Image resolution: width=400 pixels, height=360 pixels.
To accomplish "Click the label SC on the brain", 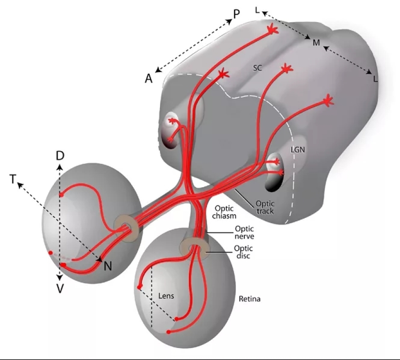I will [257, 68].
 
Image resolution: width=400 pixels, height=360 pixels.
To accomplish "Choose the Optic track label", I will [265, 207].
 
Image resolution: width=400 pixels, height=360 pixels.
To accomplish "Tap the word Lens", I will [168, 295].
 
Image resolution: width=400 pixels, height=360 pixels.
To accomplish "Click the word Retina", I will [249, 299].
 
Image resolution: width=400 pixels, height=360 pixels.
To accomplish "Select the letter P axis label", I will [236, 14].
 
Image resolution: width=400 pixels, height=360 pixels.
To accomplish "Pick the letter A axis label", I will [149, 79].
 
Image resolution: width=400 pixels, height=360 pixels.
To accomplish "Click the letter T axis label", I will [13, 179].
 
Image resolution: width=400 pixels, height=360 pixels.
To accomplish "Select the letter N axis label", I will [108, 266].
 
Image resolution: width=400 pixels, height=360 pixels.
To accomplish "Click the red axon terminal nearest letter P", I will [272, 30].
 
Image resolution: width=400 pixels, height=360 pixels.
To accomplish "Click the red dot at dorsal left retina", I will [62, 195].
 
